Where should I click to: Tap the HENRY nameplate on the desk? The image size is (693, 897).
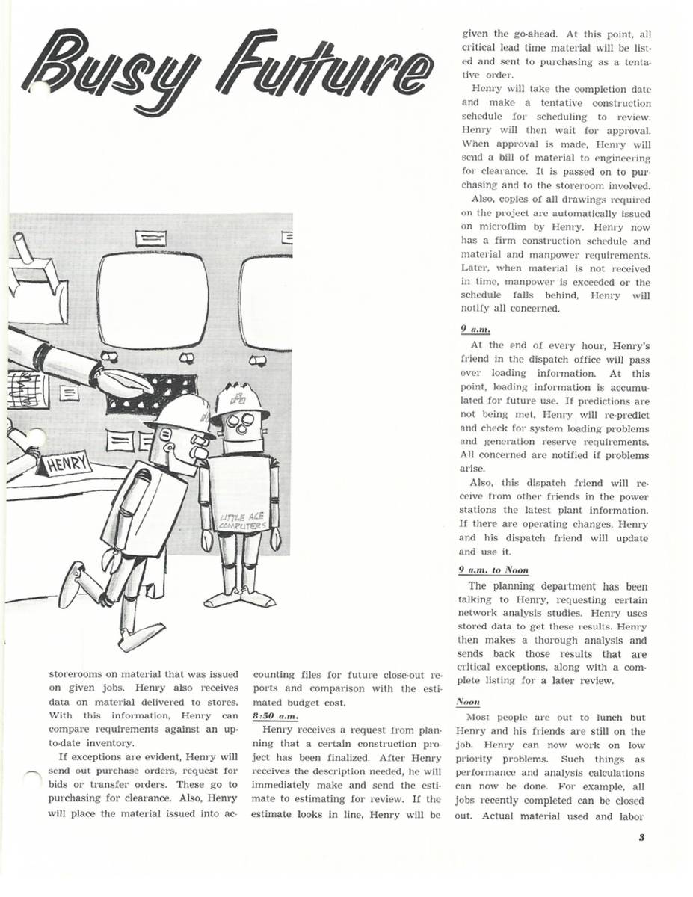tap(66, 467)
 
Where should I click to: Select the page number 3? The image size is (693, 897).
tap(641, 837)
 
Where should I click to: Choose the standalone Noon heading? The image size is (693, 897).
tap(468, 702)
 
